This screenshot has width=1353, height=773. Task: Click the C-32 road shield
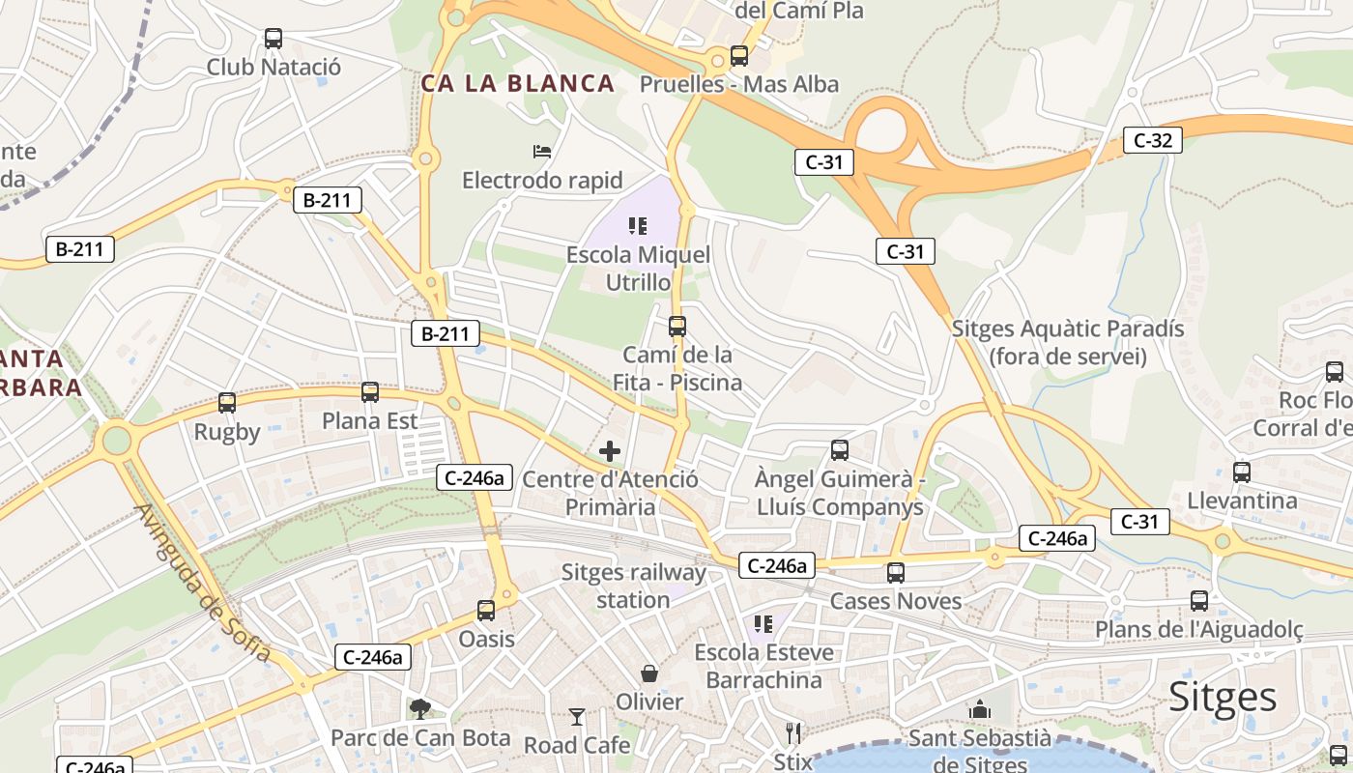point(1152,140)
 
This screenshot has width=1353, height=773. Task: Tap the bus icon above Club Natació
point(273,40)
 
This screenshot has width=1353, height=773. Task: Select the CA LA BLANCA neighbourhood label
point(517,83)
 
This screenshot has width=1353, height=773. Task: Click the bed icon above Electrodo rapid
point(542,152)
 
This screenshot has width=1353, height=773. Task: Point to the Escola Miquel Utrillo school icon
point(638,226)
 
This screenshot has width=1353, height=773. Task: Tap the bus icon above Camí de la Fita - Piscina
point(677,327)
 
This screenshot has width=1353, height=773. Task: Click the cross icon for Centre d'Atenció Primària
point(610,450)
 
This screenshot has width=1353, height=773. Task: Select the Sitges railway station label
point(633,586)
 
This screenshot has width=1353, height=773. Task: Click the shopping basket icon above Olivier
point(649,673)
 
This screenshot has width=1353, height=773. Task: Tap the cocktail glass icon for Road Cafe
point(577,717)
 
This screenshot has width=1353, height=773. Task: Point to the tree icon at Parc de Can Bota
point(420,710)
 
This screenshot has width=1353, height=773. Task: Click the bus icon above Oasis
point(486,611)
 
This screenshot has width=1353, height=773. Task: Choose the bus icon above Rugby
point(227,403)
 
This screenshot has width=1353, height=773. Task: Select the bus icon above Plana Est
point(370,392)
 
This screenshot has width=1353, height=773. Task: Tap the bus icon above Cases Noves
point(896,573)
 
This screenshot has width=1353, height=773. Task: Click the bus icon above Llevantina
point(1242,472)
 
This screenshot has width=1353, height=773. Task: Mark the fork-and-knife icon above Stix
point(793,732)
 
